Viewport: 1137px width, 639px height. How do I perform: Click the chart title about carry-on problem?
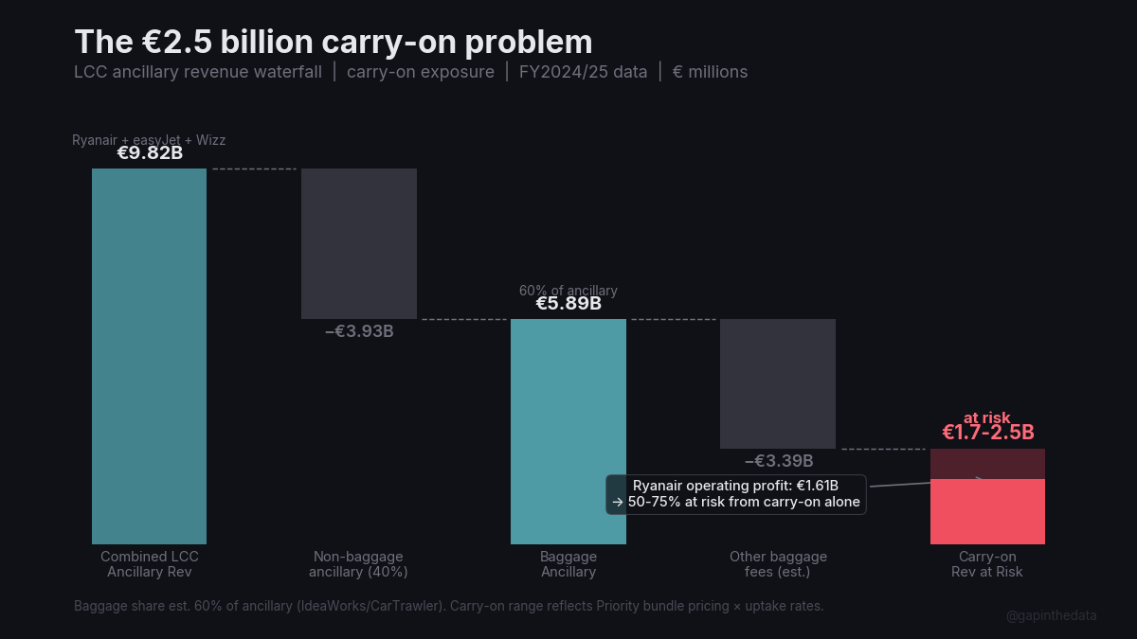click(334, 43)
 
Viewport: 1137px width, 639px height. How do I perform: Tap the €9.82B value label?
click(150, 153)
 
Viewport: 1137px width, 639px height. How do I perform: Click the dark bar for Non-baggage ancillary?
click(359, 243)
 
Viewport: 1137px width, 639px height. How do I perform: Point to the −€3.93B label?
click(359, 331)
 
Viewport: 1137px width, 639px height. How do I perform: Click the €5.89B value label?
click(568, 304)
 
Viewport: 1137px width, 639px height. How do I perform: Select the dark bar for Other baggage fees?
click(778, 383)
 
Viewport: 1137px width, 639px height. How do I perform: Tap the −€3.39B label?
click(779, 461)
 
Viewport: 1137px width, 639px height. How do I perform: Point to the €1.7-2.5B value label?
click(987, 433)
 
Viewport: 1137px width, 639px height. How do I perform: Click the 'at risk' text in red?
click(987, 417)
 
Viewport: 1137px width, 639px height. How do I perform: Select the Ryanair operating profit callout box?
click(736, 494)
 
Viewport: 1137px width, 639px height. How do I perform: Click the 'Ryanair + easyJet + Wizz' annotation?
click(149, 140)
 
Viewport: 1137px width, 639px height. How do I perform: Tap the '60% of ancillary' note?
click(568, 291)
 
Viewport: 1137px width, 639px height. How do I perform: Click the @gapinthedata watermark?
click(1051, 615)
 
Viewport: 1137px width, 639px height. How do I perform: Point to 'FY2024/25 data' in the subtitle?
click(583, 72)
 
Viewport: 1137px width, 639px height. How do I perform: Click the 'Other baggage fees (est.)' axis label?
click(778, 564)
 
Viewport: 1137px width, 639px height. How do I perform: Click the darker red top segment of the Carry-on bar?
click(987, 463)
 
